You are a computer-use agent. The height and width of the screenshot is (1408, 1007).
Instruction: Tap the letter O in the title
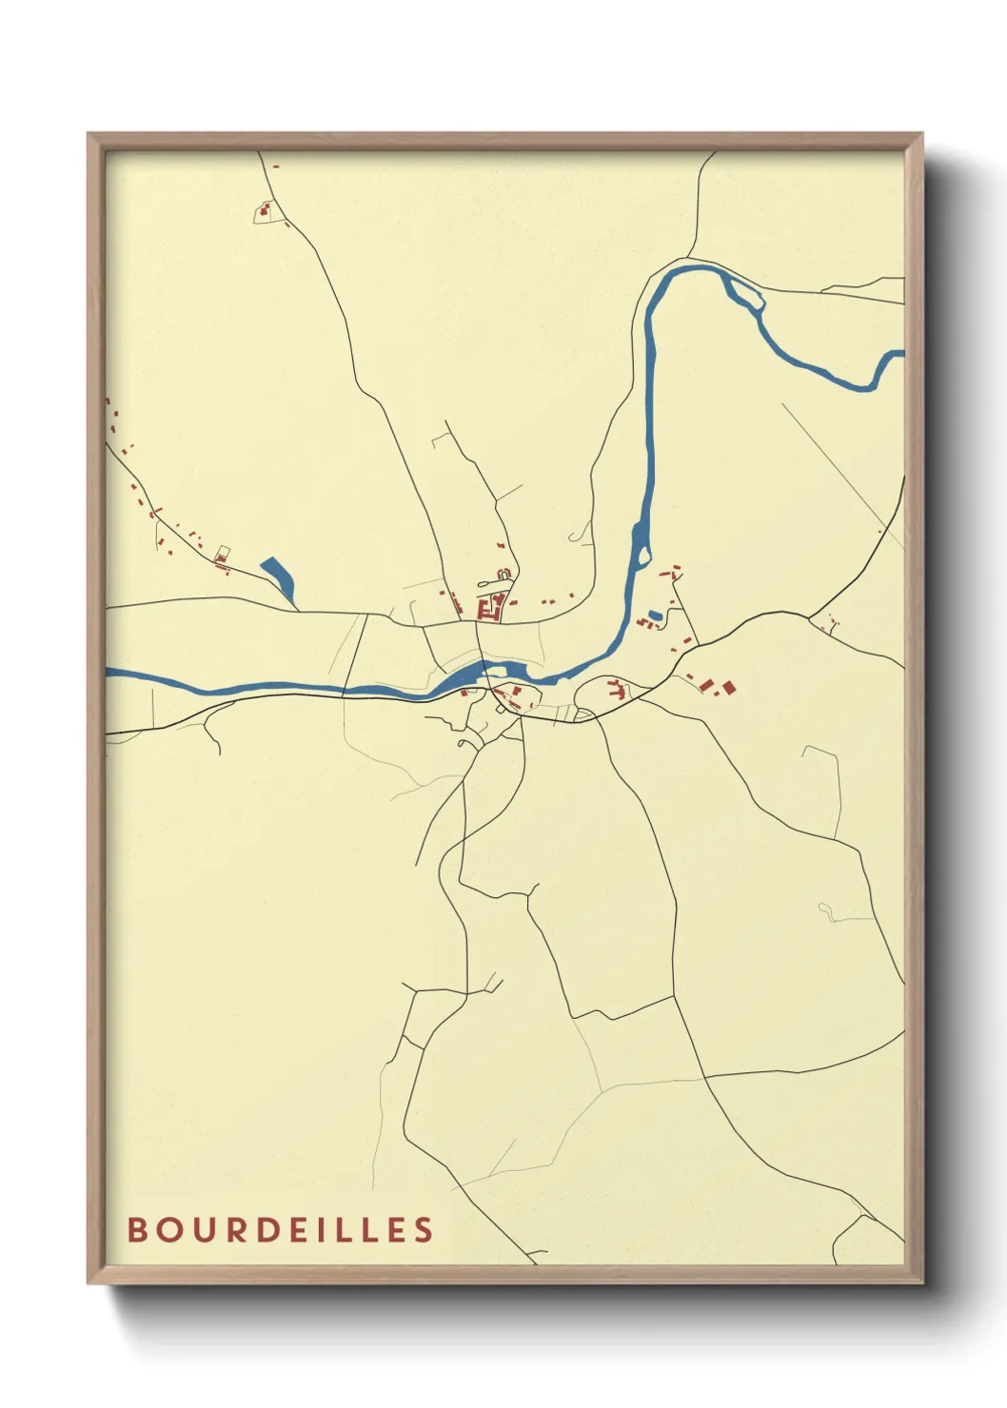pyautogui.click(x=172, y=1229)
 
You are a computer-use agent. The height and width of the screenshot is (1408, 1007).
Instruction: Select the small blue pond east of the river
pyautogui.click(x=654, y=615)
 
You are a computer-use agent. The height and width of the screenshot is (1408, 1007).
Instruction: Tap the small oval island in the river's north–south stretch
pyautogui.click(x=643, y=554)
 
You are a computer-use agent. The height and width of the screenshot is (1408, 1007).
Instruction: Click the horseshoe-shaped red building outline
pyautogui.click(x=504, y=574)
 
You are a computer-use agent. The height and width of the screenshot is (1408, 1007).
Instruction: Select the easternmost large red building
pyautogui.click(x=729, y=687)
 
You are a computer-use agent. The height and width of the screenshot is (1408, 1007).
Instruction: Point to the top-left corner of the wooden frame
pyautogui.click(x=89, y=134)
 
